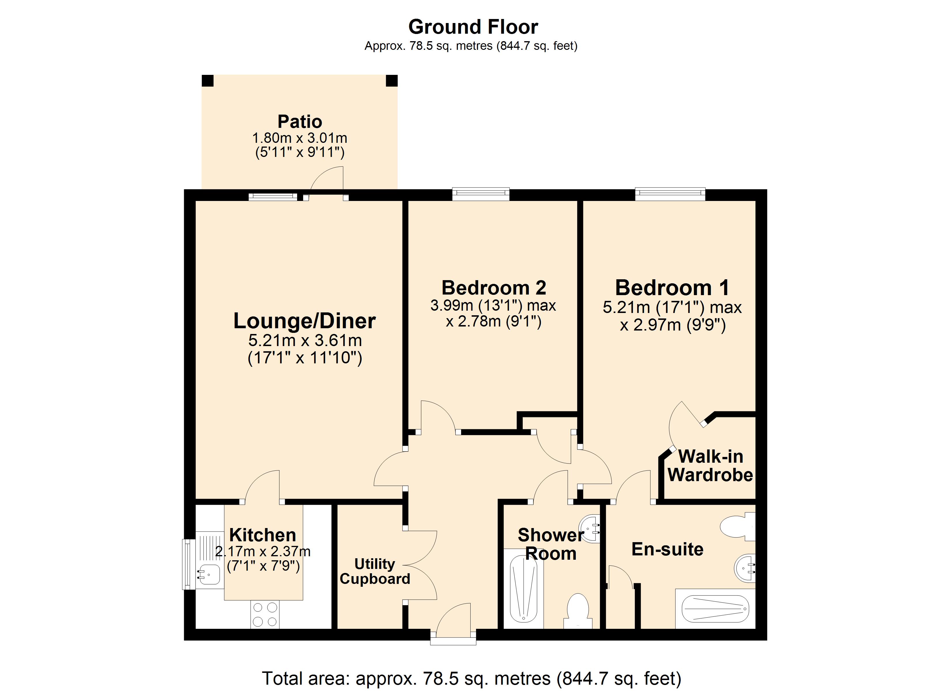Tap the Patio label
pyautogui.click(x=300, y=122)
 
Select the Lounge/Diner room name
pyautogui.click(x=304, y=321)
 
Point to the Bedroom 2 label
pyautogui.click(x=494, y=288)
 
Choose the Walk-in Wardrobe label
pyautogui.click(x=710, y=466)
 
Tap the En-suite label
pyautogui.click(x=667, y=549)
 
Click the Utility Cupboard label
pyautogui.click(x=375, y=571)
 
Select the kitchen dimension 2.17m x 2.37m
pyautogui.click(x=263, y=551)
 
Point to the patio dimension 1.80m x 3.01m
pyautogui.click(x=300, y=138)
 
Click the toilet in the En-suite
pyautogui.click(x=737, y=527)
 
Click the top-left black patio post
pyautogui.click(x=207, y=80)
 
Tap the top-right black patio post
pyautogui.click(x=392, y=80)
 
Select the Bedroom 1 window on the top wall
pyautogui.click(x=670, y=194)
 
